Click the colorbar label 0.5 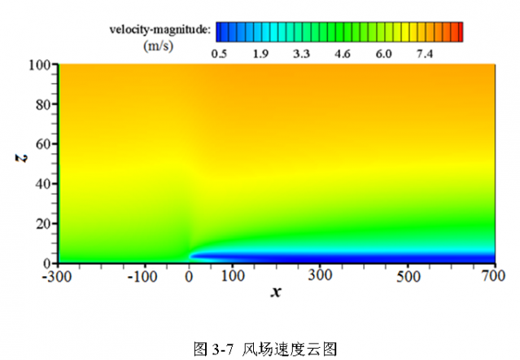[218, 54]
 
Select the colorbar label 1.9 [260, 54]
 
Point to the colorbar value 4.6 [343, 54]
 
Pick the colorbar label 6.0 [383, 54]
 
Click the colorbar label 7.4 [425, 54]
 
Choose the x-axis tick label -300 [58, 277]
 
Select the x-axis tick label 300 [320, 277]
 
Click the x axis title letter [277, 292]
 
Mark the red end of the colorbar [459, 31]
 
